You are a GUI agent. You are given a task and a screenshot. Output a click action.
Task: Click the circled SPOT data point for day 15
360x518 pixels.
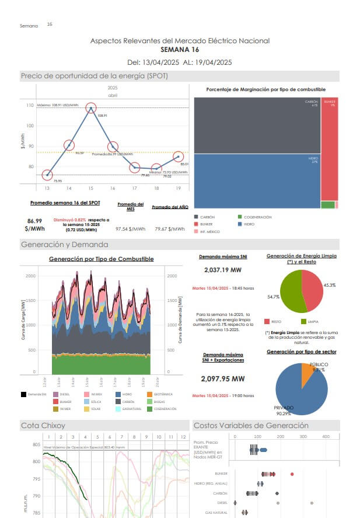coord(90,108)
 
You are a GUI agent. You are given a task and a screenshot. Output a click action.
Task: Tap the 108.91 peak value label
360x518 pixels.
coord(102,116)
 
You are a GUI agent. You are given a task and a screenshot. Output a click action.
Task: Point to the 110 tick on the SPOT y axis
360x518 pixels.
coord(30,106)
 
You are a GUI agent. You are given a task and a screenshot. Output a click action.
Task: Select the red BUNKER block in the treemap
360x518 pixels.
coord(329,149)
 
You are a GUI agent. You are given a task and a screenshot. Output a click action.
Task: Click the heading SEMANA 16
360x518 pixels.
coord(179,50)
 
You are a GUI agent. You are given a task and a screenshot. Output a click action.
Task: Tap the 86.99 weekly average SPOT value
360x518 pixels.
coord(34,221)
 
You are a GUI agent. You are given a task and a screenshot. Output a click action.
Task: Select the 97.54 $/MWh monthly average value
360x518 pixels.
coord(130,229)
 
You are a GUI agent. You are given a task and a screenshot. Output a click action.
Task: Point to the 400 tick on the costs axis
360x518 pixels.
coord(326,437)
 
